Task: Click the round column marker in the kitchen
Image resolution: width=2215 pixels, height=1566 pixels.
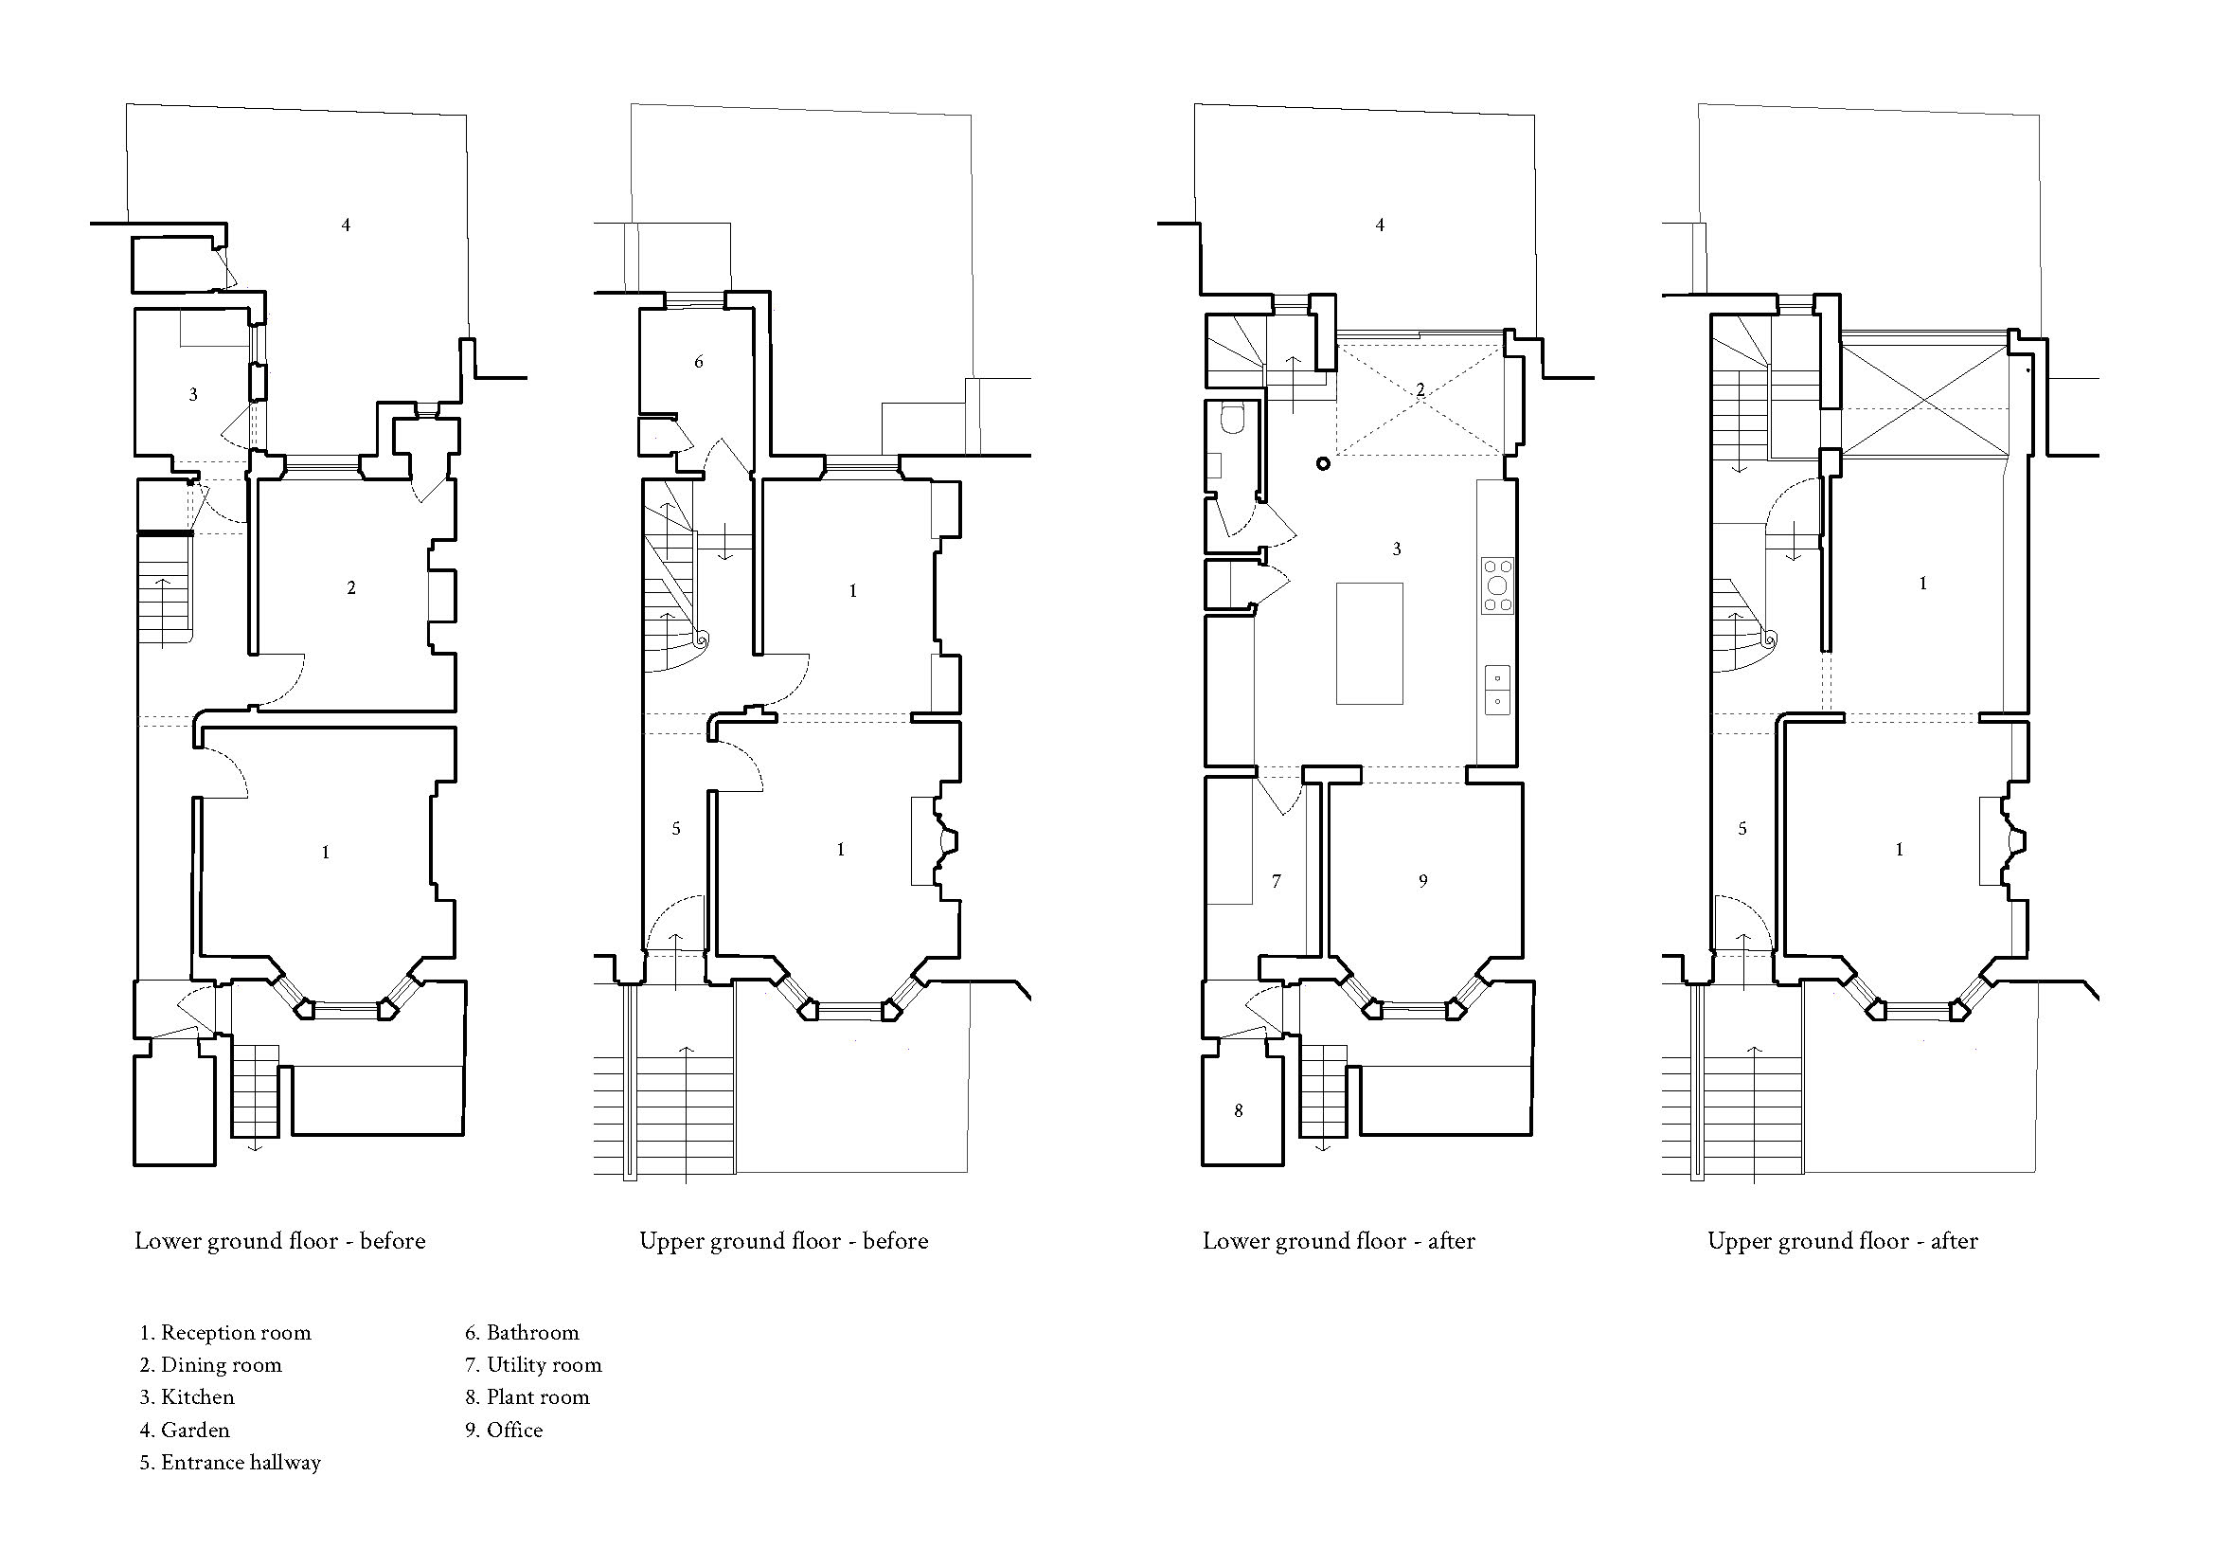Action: point(1323,464)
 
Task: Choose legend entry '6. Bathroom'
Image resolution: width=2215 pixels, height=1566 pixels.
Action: point(522,1333)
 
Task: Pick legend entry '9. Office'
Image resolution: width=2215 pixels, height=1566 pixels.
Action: point(504,1430)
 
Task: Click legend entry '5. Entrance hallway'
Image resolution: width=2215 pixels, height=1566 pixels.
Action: point(229,1462)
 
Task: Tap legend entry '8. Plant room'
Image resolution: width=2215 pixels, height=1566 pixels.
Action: point(527,1397)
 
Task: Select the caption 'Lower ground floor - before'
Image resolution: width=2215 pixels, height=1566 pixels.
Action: point(279,1241)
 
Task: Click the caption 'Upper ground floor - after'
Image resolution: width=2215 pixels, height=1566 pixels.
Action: point(1843,1241)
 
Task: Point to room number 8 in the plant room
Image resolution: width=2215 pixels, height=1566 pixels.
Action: point(1239,1110)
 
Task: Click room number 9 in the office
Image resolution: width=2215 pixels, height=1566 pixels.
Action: point(1423,880)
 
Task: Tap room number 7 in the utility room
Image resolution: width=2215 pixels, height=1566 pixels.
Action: point(1277,881)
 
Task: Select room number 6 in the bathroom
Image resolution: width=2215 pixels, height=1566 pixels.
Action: point(699,362)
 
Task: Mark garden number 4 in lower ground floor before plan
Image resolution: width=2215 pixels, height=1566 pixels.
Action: point(346,225)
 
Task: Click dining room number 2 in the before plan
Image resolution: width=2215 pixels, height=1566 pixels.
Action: point(351,587)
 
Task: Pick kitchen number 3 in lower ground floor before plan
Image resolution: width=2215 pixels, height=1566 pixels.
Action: point(193,395)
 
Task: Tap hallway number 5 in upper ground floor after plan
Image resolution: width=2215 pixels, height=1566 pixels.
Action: point(1742,829)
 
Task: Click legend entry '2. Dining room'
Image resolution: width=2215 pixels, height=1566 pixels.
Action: point(210,1364)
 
